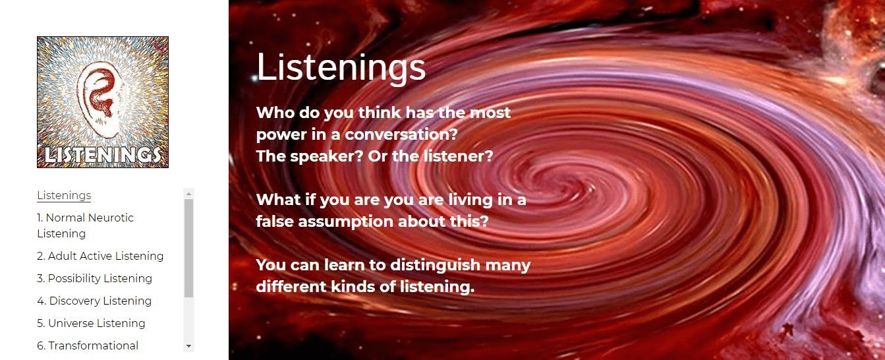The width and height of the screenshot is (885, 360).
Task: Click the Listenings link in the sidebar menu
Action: tap(64, 196)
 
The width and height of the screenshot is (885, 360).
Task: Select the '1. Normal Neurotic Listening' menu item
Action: tap(86, 225)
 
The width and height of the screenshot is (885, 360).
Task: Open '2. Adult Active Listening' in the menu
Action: tap(100, 256)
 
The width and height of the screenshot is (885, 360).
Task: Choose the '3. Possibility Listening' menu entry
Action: tap(94, 279)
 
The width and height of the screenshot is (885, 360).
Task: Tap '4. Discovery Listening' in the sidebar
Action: tap(94, 301)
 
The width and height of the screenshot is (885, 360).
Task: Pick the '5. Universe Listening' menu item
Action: tap(91, 323)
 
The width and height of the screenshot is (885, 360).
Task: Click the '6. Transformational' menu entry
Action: tap(88, 345)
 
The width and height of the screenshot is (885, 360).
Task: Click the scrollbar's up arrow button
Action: tap(189, 194)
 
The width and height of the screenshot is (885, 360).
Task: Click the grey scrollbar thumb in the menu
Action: tap(189, 248)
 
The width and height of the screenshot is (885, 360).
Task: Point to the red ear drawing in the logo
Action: tap(99, 99)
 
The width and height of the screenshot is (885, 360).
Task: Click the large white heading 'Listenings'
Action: tap(341, 67)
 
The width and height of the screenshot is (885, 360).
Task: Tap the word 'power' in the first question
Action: tap(281, 135)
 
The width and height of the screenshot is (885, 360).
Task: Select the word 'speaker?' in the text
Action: tap(326, 157)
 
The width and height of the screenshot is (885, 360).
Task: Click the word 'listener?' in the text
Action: tap(458, 156)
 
